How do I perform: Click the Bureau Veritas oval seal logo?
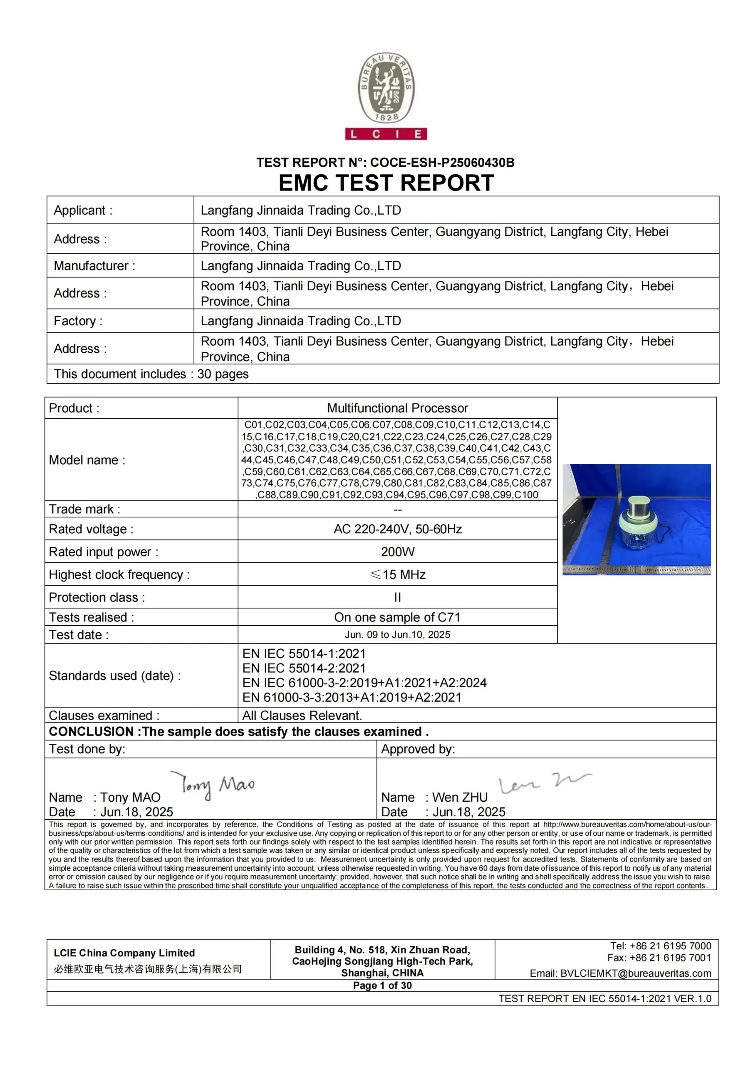click(386, 88)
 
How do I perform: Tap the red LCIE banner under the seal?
click(386, 134)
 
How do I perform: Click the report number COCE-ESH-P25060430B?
click(442, 163)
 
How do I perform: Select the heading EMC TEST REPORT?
click(386, 183)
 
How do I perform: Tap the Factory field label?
click(78, 321)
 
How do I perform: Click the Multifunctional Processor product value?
click(397, 408)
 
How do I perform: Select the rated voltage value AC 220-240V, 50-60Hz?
click(397, 529)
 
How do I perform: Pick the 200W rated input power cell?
click(397, 552)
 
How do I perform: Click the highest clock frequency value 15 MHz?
click(398, 575)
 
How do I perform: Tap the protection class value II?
click(397, 597)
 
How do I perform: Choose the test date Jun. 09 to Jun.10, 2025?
click(397, 634)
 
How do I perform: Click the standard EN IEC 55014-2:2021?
click(304, 669)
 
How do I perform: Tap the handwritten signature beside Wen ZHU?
click(543, 783)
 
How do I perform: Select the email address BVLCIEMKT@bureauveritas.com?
click(635, 973)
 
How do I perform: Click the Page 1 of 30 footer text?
click(382, 985)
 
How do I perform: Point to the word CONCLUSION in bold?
click(91, 731)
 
